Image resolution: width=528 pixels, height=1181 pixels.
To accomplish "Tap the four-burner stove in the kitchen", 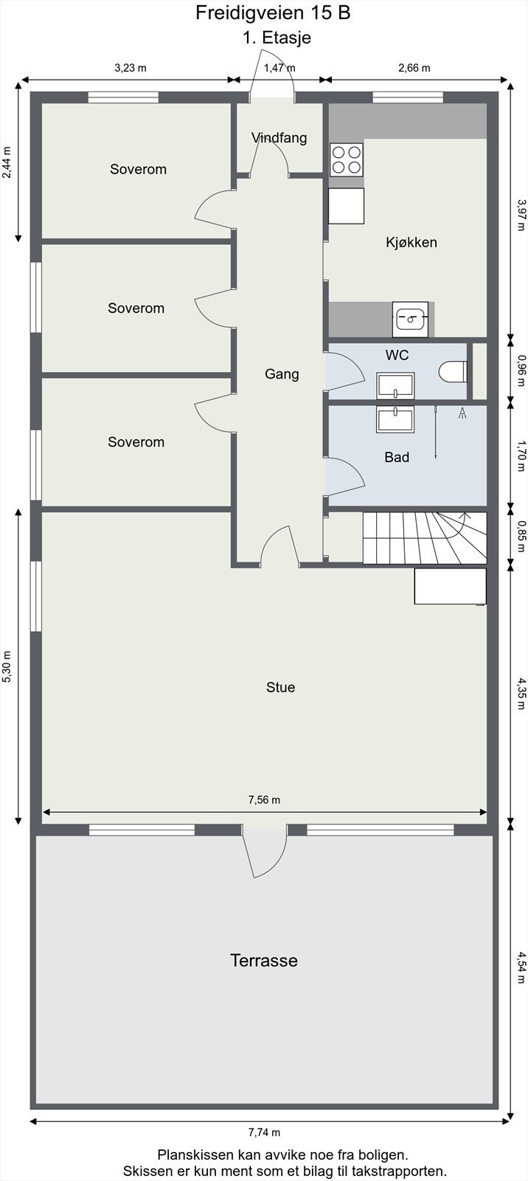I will pyautogui.click(x=347, y=159).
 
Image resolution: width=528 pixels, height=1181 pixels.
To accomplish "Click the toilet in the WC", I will pyautogui.click(x=453, y=371).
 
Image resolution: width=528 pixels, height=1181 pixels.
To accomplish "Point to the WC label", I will pyautogui.click(x=397, y=355).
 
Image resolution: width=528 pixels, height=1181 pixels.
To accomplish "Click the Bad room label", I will pyautogui.click(x=397, y=458).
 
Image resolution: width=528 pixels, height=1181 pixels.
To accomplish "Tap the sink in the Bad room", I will pyautogui.click(x=395, y=419).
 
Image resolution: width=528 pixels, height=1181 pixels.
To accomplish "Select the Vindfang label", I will pyautogui.click(x=279, y=138).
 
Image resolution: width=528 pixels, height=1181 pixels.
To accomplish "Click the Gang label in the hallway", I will pyautogui.click(x=282, y=374).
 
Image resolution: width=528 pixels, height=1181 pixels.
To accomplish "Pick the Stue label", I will pyautogui.click(x=280, y=687).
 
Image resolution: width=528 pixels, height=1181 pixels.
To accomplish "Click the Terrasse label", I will pyautogui.click(x=264, y=960).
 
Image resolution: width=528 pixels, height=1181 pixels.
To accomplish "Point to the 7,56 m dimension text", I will pyautogui.click(x=264, y=799).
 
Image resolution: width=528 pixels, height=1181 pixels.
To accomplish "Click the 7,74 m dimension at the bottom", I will pyautogui.click(x=264, y=1132).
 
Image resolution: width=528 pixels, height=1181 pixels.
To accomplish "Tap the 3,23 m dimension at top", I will pyautogui.click(x=131, y=68).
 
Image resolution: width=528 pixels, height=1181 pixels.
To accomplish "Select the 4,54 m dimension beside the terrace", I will pyautogui.click(x=521, y=968).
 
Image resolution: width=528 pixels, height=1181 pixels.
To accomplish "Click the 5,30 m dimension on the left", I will pyautogui.click(x=7, y=667).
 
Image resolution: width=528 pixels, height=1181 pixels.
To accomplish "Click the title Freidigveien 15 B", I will pyautogui.click(x=272, y=13).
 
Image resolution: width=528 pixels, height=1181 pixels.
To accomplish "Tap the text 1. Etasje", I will pyautogui.click(x=277, y=38).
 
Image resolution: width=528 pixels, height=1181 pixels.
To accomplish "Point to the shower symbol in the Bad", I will pyautogui.click(x=462, y=413).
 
